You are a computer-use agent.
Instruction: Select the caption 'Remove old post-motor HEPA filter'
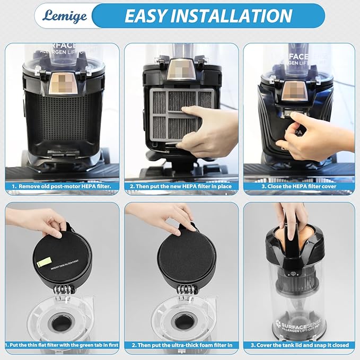(62, 187)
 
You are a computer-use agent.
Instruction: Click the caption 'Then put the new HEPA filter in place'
(181, 187)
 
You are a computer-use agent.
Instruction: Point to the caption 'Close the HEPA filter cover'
(300, 187)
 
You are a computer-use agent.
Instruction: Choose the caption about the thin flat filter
(62, 345)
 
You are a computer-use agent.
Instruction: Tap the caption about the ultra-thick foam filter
(181, 345)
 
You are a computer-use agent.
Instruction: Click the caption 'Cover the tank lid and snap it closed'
(300, 345)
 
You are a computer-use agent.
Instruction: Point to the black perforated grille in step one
(62, 119)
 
